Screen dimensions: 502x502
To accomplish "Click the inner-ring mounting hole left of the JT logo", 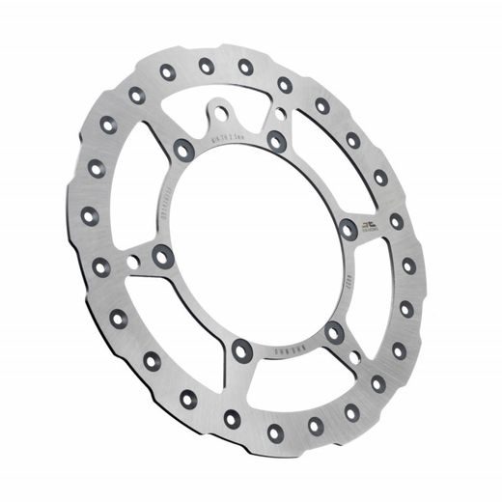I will tap(349, 230).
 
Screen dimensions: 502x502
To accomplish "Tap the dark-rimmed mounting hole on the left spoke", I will tap(162, 256).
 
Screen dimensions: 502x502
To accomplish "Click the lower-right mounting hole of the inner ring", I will tap(334, 331).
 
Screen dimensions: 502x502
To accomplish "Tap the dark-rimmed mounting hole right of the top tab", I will tap(276, 142).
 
